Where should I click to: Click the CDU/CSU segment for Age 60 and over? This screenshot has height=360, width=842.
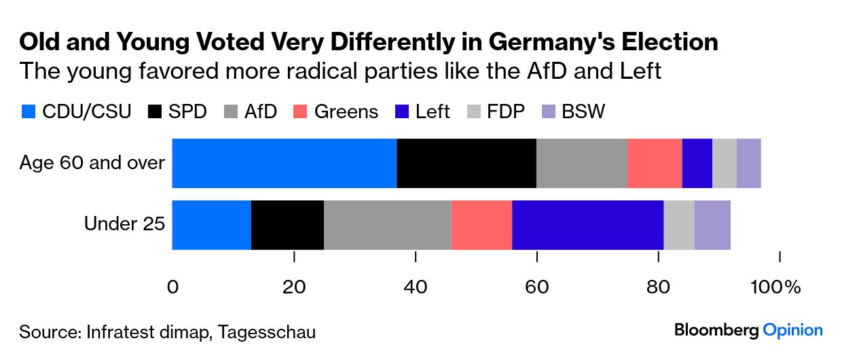point(285,163)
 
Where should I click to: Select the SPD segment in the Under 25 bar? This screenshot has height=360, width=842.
point(287,225)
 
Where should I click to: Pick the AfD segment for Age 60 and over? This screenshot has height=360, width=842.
point(582,163)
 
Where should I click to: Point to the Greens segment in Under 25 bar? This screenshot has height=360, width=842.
point(481,225)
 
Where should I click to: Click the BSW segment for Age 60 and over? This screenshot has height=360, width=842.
point(748,163)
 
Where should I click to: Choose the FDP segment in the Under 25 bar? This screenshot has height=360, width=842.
point(679,225)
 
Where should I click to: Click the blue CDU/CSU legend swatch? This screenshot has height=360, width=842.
point(28,111)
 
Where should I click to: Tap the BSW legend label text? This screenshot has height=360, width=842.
point(583,111)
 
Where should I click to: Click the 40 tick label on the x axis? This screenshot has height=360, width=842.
point(416,287)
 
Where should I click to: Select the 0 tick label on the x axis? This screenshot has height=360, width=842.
point(172,287)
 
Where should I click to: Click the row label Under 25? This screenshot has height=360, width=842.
point(124,224)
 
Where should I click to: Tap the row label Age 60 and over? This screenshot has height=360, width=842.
point(92,163)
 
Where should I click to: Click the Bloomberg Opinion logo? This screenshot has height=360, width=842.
point(748,331)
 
